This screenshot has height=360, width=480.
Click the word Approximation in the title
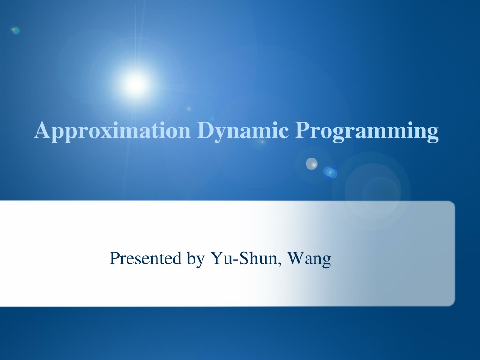tap(112, 131)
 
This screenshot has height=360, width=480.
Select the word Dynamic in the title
tap(243, 131)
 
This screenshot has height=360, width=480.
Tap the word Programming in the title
tap(367, 131)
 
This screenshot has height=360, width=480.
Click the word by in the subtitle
tap(195, 259)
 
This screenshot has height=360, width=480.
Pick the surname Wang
tap(309, 259)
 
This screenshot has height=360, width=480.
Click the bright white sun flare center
tap(135, 83)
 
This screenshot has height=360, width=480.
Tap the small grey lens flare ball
tap(312, 164)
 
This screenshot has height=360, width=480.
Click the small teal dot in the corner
tap(15, 30)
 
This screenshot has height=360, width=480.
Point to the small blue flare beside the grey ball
tap(330, 172)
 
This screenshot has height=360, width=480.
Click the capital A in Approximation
tap(42, 130)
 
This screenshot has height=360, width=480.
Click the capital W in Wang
tap(296, 258)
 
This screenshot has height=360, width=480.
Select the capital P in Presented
tap(114, 258)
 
